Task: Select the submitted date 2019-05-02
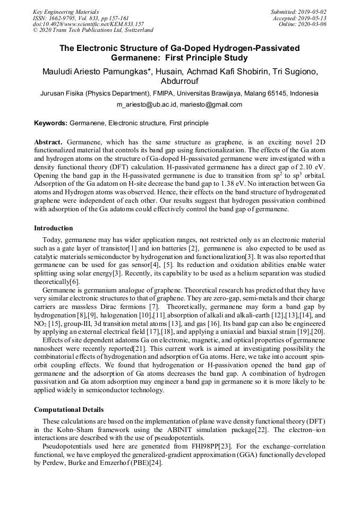[313, 12]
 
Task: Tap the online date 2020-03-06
[313, 24]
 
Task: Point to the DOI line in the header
[88, 24]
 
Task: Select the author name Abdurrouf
[179, 81]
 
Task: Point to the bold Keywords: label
[50, 123]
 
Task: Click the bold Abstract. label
[48, 143]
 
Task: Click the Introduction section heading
[54, 228]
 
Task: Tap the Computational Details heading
[68, 410]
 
